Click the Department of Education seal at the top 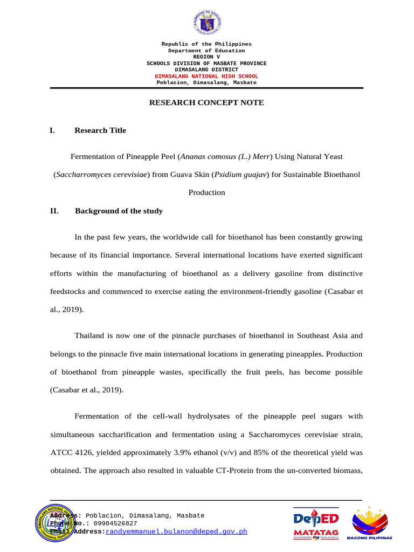206,23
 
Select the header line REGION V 206,57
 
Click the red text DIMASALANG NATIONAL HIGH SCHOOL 206,76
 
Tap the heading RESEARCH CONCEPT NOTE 206,102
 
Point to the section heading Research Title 100,130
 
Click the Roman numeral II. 54,211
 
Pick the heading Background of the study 119,211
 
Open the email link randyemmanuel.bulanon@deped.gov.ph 176,532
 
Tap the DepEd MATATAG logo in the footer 316,523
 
